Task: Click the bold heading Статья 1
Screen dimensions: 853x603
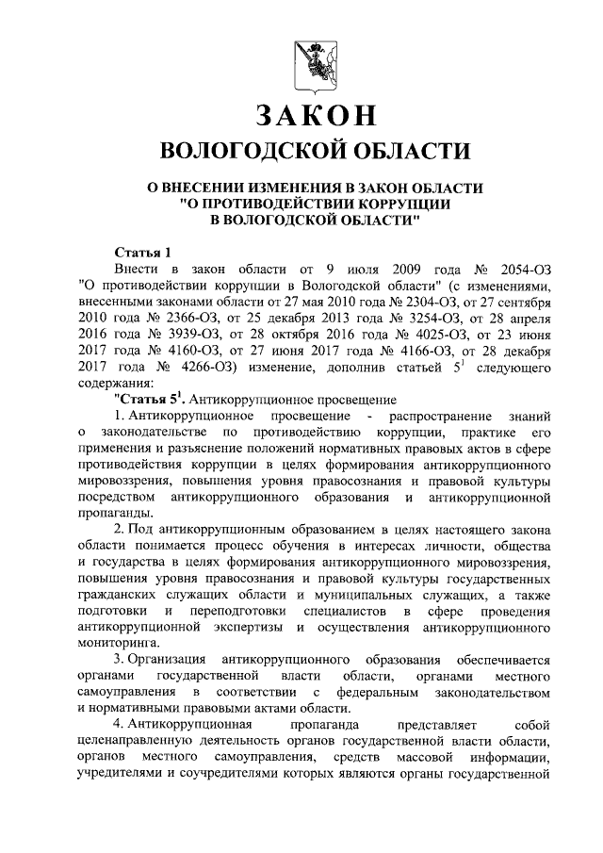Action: (x=142, y=252)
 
